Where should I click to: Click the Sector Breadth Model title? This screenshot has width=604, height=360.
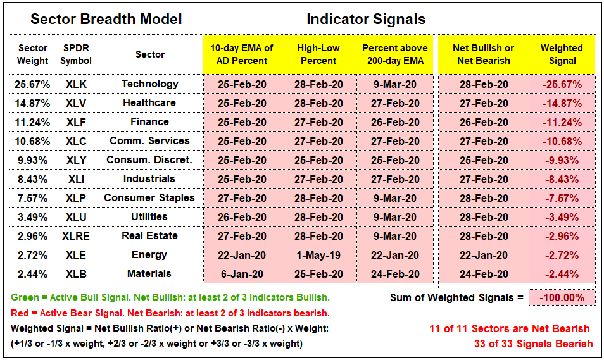(x=106, y=19)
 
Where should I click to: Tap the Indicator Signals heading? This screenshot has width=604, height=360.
(x=366, y=19)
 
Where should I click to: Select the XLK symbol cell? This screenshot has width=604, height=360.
(x=76, y=84)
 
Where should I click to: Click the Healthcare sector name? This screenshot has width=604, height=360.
(x=149, y=102)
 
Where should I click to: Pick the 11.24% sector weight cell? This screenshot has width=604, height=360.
(x=32, y=123)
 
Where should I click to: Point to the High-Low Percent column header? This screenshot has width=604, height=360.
(x=318, y=54)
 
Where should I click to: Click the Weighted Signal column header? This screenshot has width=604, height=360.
(x=562, y=54)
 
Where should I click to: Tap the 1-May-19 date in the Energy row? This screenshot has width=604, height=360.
(x=318, y=255)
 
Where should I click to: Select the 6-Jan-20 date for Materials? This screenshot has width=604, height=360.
(x=242, y=274)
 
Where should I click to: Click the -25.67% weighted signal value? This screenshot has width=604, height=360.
(x=562, y=84)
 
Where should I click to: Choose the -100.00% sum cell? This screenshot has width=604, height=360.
(x=562, y=297)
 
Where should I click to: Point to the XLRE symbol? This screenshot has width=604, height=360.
(x=76, y=236)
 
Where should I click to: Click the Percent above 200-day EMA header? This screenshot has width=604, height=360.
(x=395, y=54)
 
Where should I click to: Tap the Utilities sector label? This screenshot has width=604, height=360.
(x=149, y=217)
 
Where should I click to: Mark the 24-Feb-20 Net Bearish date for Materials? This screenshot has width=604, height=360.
(x=484, y=274)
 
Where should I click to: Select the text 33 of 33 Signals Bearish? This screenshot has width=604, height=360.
(x=534, y=344)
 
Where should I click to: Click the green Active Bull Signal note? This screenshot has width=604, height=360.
(x=170, y=297)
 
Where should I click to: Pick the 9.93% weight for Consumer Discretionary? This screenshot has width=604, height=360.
(x=32, y=160)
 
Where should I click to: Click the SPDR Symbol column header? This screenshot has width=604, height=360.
(x=76, y=54)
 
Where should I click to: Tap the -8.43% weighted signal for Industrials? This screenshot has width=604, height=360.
(x=562, y=180)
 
